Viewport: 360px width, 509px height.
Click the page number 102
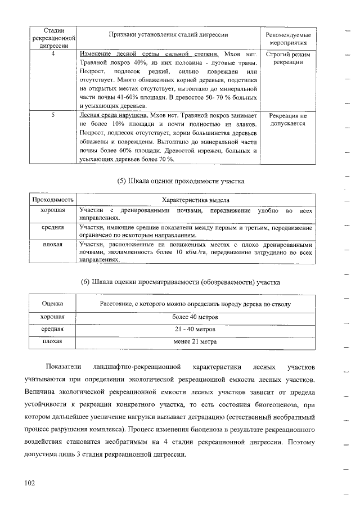(x=29, y=483)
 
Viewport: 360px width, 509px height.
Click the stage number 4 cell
(x=52, y=54)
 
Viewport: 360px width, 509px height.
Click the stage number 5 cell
(x=52, y=115)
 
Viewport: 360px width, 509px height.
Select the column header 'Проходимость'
(x=52, y=200)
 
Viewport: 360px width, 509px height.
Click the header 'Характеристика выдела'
(x=195, y=200)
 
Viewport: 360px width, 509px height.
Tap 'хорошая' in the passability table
(x=52, y=210)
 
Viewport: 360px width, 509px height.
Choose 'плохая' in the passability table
(x=52, y=245)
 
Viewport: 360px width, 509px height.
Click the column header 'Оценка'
(x=52, y=304)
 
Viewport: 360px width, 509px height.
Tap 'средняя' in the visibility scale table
(x=52, y=329)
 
